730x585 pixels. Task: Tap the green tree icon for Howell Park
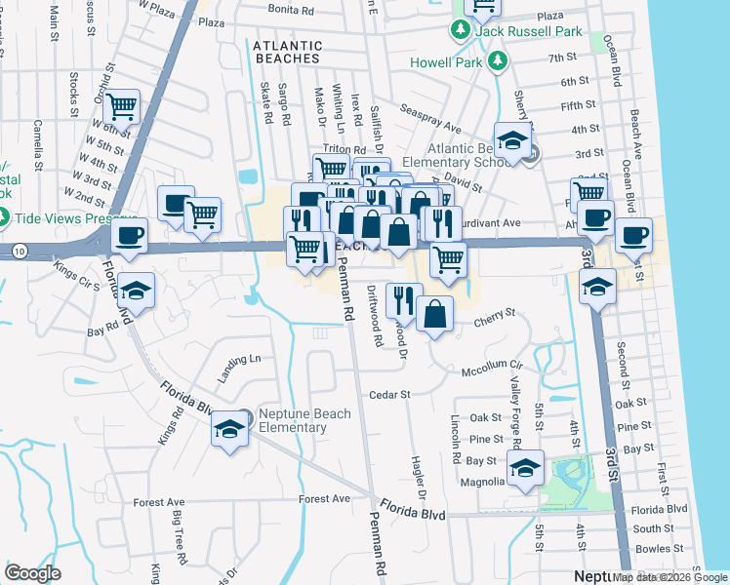tap(499, 61)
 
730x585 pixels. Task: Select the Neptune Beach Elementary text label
tap(292, 421)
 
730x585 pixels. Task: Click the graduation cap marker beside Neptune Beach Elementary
tap(229, 430)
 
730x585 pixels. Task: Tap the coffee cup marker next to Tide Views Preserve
tap(130, 236)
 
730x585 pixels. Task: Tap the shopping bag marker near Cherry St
tap(435, 314)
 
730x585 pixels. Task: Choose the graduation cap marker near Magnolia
tap(525, 470)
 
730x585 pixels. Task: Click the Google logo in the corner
tap(32, 573)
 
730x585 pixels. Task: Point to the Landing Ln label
tap(239, 359)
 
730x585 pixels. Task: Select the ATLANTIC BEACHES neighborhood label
tap(287, 52)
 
